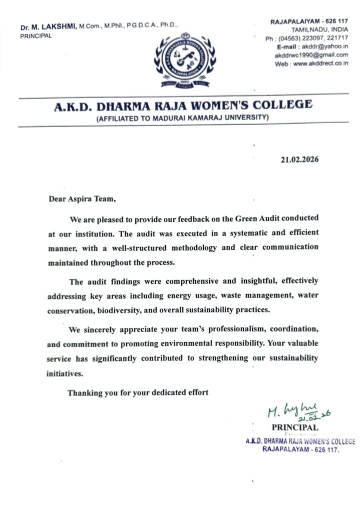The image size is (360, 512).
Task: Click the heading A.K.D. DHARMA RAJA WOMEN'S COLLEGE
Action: (x=183, y=105)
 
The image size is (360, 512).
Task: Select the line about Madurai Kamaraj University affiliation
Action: (x=183, y=118)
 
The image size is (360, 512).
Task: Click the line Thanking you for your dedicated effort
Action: (x=138, y=392)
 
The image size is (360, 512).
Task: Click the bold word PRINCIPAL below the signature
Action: (x=294, y=427)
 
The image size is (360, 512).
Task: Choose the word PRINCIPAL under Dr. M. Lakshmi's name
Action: (x=36, y=35)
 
